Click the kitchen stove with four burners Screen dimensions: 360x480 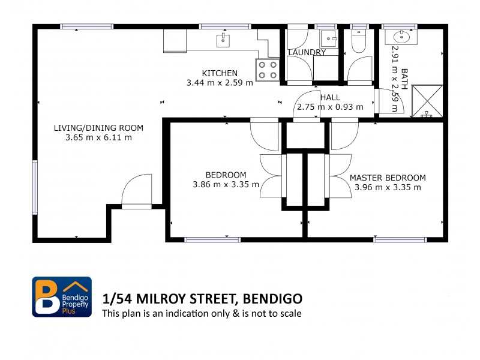[x=269, y=70]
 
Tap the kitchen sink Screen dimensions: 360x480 [x=223, y=40]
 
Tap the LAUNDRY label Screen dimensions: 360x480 [x=307, y=52]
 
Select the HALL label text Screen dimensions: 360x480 [x=330, y=97]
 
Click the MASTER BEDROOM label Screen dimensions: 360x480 [x=388, y=178]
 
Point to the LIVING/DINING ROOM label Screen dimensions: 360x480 [x=98, y=128]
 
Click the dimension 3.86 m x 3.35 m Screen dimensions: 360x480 [x=226, y=184]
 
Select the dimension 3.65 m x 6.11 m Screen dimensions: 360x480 [x=98, y=137]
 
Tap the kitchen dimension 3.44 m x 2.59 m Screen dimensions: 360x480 [x=220, y=83]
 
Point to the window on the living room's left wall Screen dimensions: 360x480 [x=35, y=187]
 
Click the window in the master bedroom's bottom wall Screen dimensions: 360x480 [x=400, y=239]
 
